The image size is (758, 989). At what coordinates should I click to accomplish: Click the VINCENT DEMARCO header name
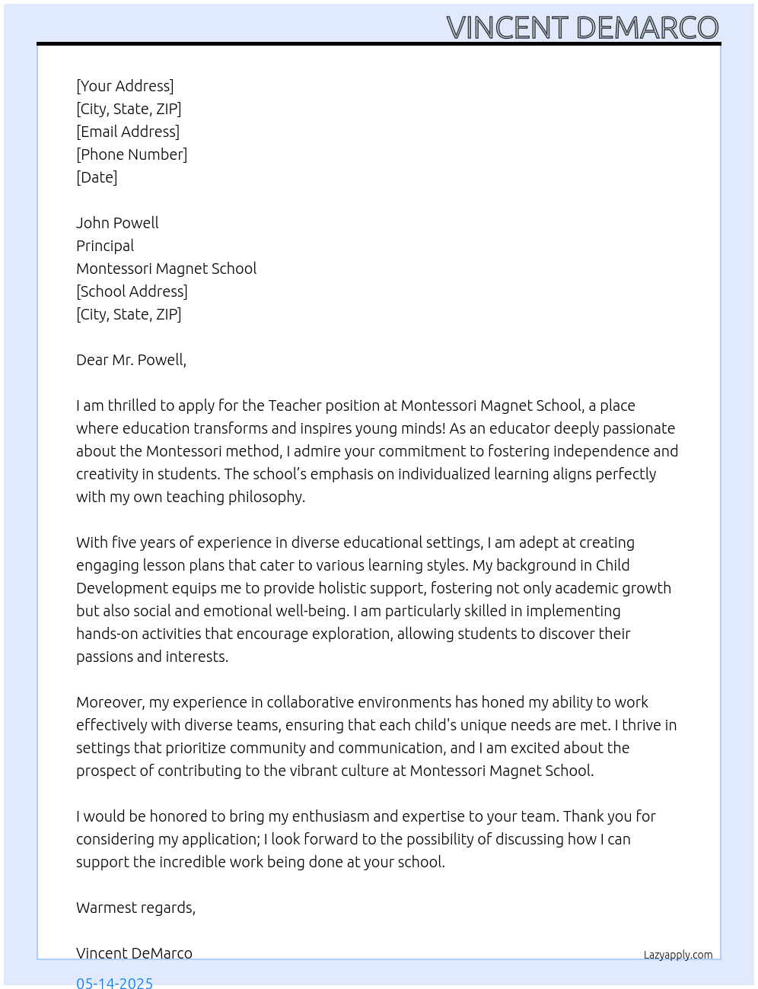(582, 27)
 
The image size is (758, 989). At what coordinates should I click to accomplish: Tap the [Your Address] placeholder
(125, 86)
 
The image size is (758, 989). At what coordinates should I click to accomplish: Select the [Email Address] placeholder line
(128, 132)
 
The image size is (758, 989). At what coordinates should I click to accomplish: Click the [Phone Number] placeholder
(132, 154)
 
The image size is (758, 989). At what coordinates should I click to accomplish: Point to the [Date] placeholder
(97, 177)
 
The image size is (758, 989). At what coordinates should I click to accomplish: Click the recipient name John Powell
(117, 223)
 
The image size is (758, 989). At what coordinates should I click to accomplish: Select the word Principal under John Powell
(105, 246)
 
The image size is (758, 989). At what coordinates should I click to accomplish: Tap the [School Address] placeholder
(132, 291)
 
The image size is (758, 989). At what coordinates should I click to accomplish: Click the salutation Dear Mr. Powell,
(131, 360)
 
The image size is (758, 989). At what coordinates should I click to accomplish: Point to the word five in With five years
(126, 542)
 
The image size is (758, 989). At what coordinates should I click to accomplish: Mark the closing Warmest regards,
(135, 908)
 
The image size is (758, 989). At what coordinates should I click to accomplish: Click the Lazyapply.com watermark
(678, 955)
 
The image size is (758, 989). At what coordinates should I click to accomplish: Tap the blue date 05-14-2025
(114, 982)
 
